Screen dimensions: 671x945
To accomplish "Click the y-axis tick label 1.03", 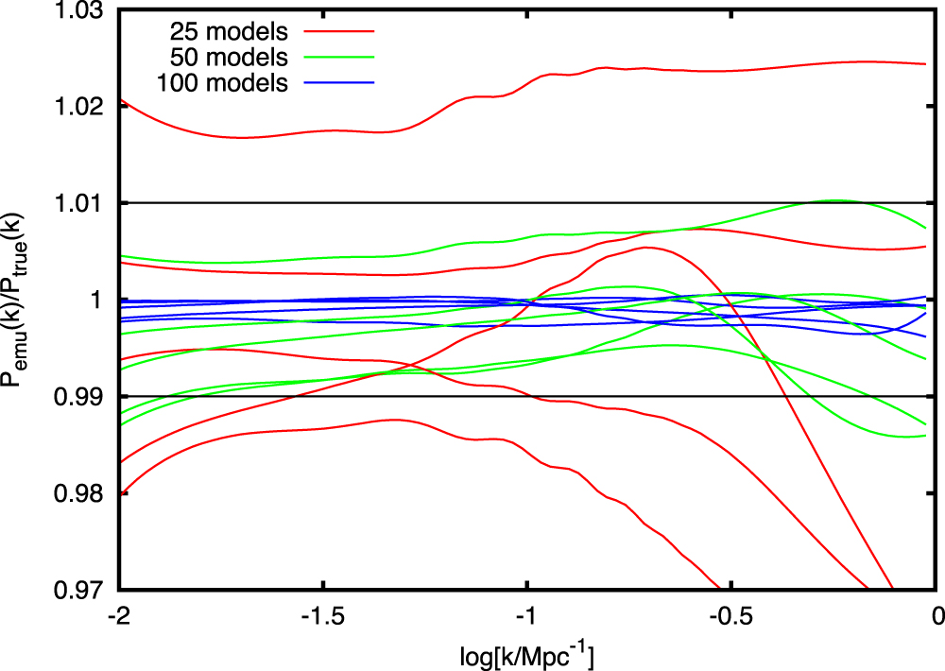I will tap(83, 11).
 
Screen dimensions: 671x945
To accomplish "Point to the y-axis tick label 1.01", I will tap(83, 203).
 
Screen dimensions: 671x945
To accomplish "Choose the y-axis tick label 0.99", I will tap(83, 396).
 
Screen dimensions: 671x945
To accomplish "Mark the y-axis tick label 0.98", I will tap(83, 493).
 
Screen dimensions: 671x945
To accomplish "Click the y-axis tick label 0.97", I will tap(83, 590).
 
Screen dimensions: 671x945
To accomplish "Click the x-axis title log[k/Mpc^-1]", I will tap(526, 652).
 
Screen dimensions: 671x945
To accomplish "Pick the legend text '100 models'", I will tap(227, 82).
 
